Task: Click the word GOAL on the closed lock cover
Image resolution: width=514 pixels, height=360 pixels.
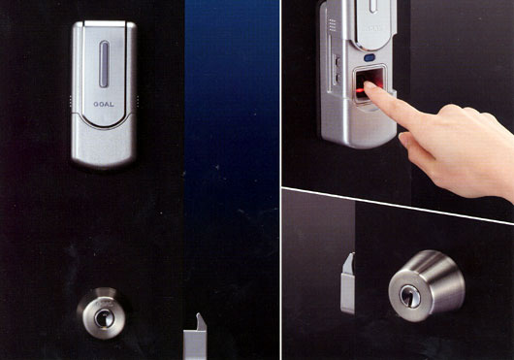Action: [104, 104]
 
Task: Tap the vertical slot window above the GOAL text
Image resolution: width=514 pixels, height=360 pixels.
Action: [104, 64]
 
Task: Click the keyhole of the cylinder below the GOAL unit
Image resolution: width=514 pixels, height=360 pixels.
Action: [105, 317]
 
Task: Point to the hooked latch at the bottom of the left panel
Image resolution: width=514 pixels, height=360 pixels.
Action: [195, 337]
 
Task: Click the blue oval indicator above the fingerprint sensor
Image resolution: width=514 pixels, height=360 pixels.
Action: [369, 58]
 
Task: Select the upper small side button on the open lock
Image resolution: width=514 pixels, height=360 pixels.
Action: [337, 61]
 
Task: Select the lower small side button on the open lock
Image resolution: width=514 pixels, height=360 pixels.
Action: [337, 78]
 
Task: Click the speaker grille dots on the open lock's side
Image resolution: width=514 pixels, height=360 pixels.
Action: [333, 24]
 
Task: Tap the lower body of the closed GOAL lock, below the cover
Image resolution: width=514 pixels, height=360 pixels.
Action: [104, 145]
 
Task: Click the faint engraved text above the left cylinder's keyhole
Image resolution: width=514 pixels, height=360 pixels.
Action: [103, 304]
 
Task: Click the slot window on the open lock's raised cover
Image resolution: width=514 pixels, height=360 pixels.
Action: [373, 6]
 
